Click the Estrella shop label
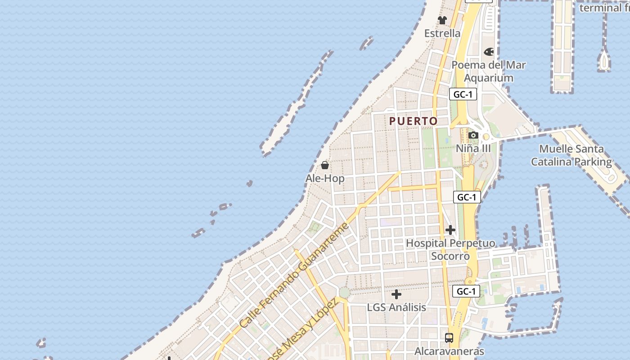click(442, 33)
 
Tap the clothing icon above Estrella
click(442, 20)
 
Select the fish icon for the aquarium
click(489, 52)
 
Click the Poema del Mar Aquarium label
click(489, 71)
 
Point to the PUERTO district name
click(413, 121)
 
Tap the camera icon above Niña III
click(473, 135)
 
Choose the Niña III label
click(473, 148)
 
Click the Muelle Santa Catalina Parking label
click(571, 155)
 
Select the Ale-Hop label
click(325, 179)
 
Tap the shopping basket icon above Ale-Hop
click(325, 165)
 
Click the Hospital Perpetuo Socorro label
click(450, 250)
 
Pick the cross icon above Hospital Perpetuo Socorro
click(450, 230)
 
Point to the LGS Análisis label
click(396, 307)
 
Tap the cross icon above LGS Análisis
click(396, 294)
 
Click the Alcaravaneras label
click(449, 351)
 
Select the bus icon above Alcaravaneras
click(449, 337)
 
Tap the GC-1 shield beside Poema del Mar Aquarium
click(463, 94)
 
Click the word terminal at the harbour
click(600, 8)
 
